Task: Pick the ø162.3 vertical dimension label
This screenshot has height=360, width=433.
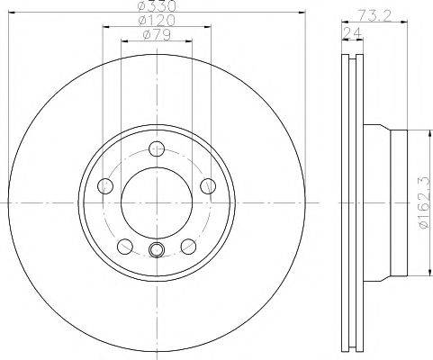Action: point(422,202)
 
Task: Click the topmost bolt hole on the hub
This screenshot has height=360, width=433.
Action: point(158,149)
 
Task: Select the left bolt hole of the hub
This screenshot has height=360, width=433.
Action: point(106,186)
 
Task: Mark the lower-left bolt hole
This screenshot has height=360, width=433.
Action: point(126,246)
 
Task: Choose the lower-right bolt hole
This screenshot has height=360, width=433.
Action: point(189,246)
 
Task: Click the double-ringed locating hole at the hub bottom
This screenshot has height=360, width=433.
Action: point(158,250)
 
